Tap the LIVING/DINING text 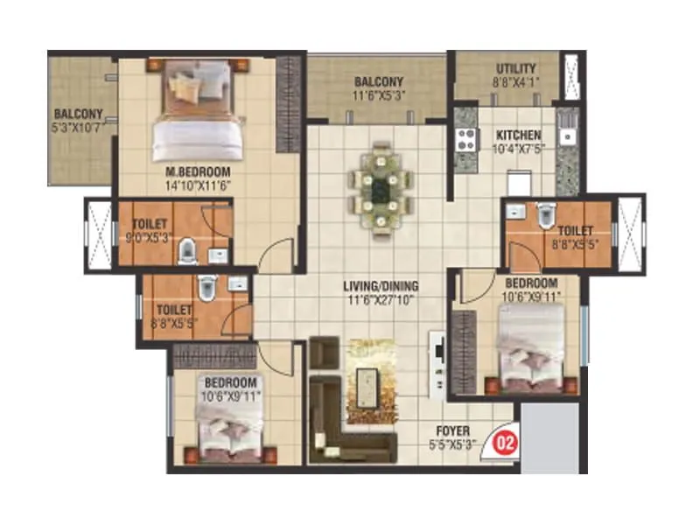point(380,286)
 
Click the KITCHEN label point(519,136)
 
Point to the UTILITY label point(516,69)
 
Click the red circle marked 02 point(506,441)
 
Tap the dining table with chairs point(382,187)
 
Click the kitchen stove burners point(465,138)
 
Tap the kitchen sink point(566,136)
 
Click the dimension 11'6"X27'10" point(380,299)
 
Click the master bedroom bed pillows point(197,82)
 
